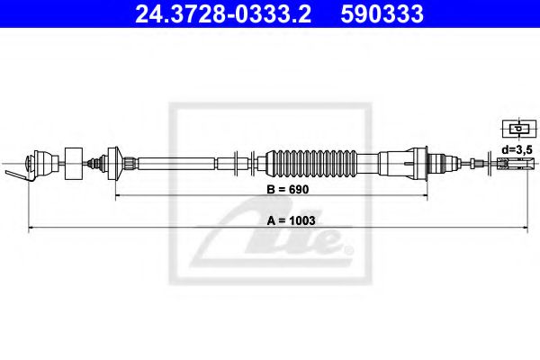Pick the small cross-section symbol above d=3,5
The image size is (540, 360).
click(515, 129)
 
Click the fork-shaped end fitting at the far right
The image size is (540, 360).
click(510, 163)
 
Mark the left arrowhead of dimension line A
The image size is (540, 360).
click(33, 228)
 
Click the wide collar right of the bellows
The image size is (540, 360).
click(413, 163)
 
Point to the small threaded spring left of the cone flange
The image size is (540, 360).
click(94, 163)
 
